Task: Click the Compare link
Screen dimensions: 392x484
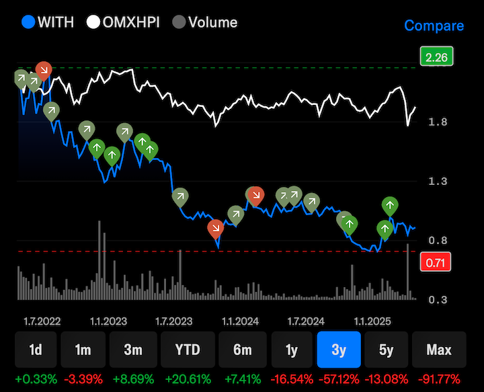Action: point(434,26)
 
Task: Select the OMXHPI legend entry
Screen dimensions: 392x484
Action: point(124,22)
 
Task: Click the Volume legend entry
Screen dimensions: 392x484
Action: point(205,22)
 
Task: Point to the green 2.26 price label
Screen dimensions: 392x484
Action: point(436,57)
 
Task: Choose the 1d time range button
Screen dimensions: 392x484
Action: point(36,350)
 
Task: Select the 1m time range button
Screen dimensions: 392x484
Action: point(83,350)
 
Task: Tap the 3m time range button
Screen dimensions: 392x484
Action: point(132,350)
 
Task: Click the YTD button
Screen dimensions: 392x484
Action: point(188,350)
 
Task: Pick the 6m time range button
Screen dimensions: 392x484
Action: point(242,350)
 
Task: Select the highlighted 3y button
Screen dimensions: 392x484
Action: point(339,350)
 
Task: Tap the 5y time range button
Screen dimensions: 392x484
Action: point(387,350)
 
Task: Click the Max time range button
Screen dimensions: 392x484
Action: point(439,350)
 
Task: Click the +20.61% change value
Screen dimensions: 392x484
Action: point(188,379)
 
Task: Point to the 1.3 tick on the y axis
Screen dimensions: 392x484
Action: point(438,182)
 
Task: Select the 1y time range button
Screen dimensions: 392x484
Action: point(292,350)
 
